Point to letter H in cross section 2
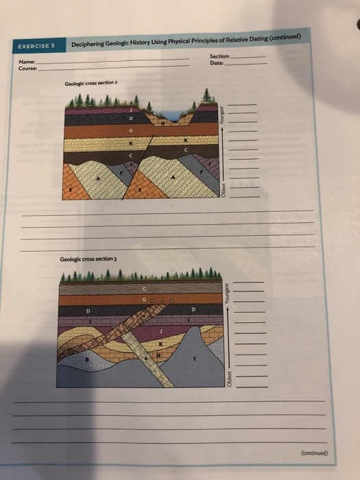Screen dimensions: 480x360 tap(162, 123)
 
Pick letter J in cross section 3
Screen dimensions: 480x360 tap(163, 331)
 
